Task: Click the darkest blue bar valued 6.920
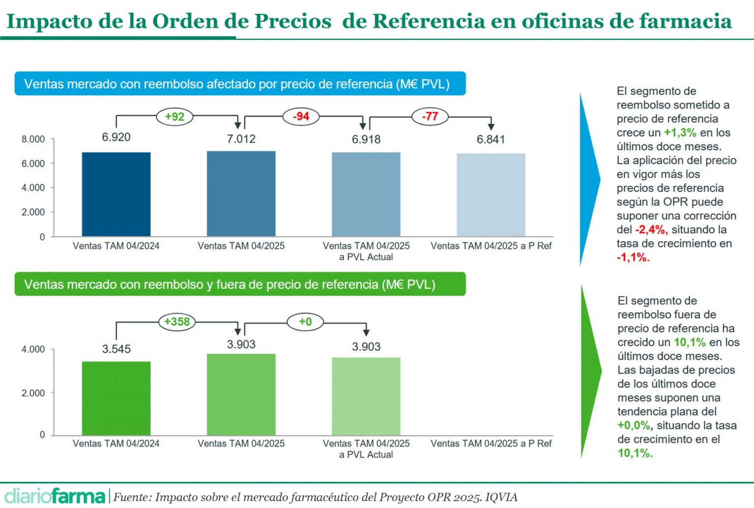pos(116,194)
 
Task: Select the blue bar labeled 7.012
pos(241,194)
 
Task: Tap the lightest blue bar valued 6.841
pos(491,195)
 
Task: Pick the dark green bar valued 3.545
pos(116,398)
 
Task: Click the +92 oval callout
pos(174,116)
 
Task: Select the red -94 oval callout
pos(301,116)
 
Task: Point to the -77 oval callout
pos(430,116)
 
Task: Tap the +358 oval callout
pos(177,322)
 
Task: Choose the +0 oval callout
pos(305,322)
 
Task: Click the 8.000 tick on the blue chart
pos(33,139)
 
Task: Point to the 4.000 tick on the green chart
pos(33,349)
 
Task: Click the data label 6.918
pos(366,139)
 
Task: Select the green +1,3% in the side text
pos(680,133)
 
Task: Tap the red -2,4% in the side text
pos(651,229)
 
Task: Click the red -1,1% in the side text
pos(633,257)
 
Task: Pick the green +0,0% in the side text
pos(634,425)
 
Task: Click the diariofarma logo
pos(54,496)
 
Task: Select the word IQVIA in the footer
pos(501,497)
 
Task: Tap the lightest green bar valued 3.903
pos(366,396)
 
